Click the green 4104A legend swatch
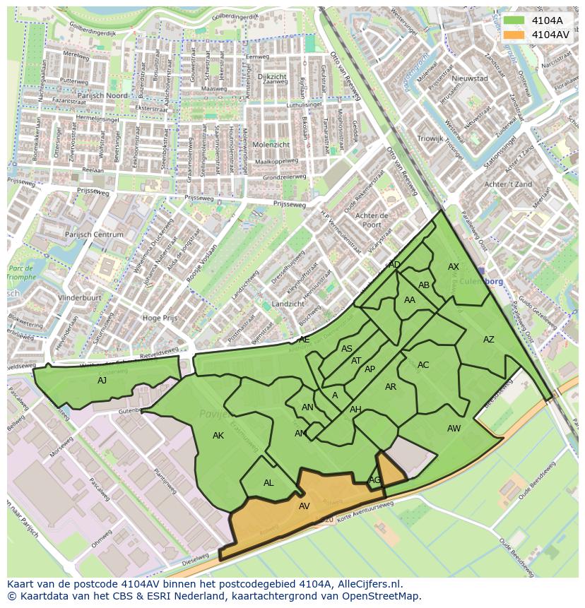point(514,20)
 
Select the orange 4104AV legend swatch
point(514,35)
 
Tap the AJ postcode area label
point(102,380)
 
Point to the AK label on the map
point(218,436)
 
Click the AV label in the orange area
point(304,506)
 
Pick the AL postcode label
point(268,483)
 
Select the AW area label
point(454,429)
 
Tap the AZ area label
point(489,340)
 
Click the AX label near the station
point(454,267)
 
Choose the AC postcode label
point(423,365)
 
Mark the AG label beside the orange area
point(374,480)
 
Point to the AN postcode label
point(307,407)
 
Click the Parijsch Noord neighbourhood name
point(103,95)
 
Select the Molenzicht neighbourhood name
point(270,144)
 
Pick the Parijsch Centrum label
point(95,235)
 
